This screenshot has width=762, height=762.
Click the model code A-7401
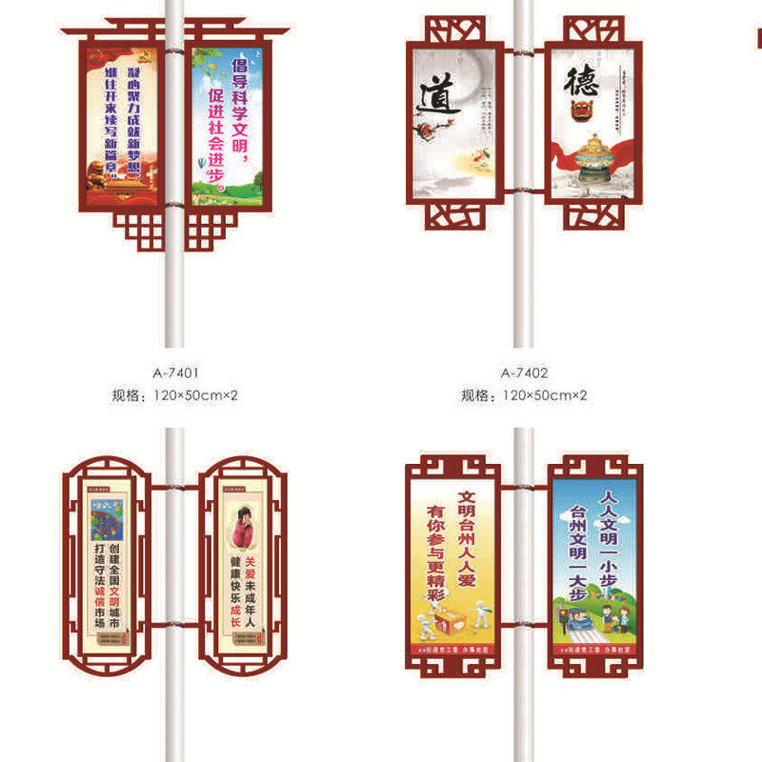coord(174,372)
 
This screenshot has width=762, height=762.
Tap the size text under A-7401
coord(174,394)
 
